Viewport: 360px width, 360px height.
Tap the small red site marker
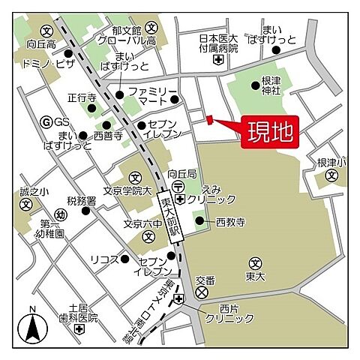(x=209, y=118)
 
